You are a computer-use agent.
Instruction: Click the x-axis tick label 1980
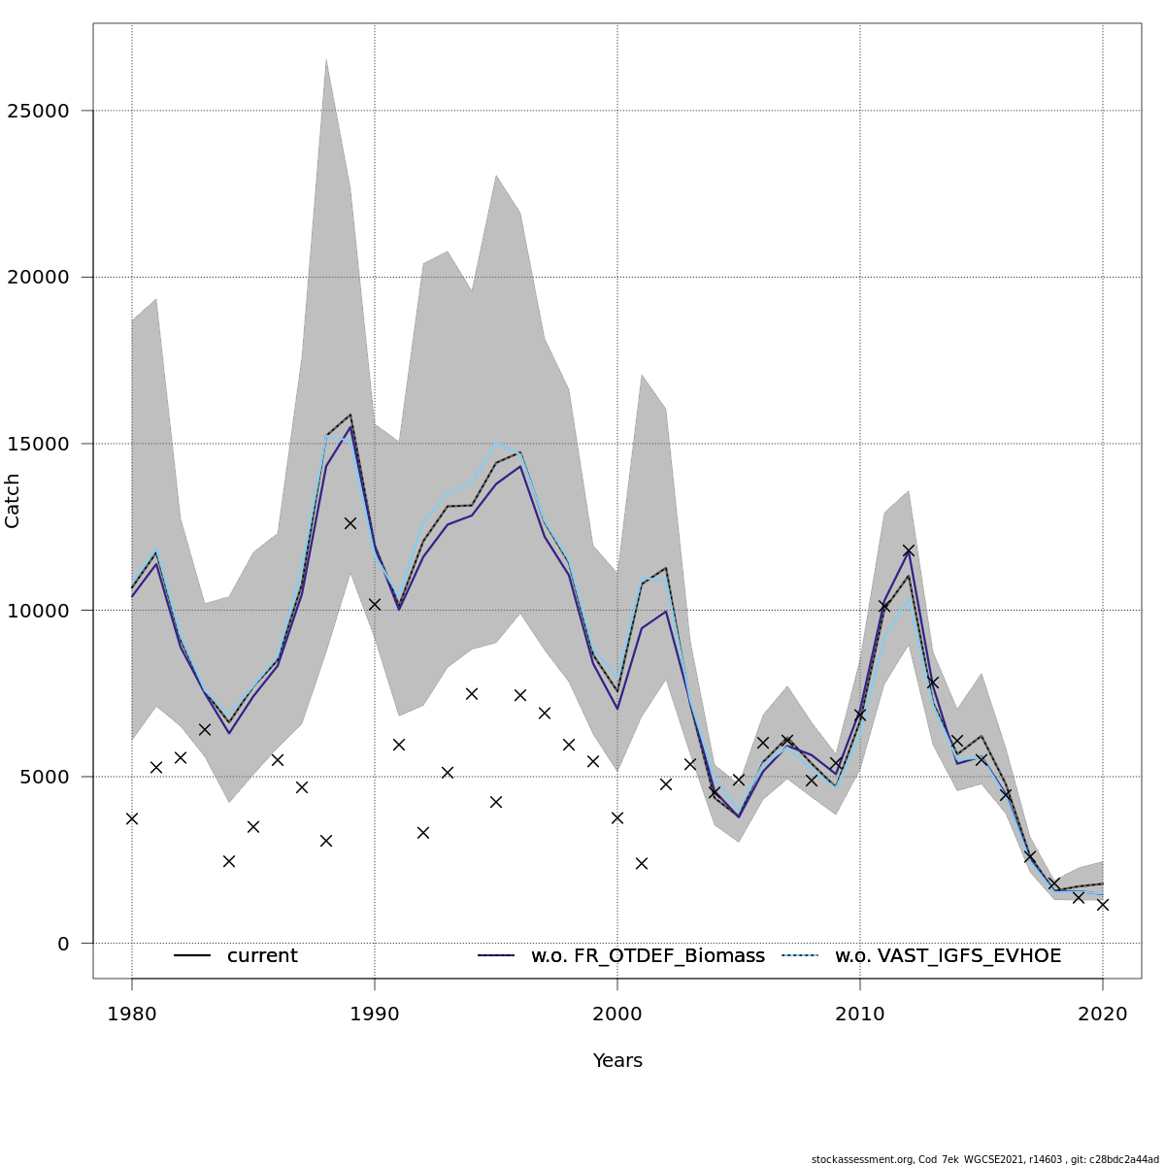click(132, 1015)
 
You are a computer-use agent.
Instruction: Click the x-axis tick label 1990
click(375, 1015)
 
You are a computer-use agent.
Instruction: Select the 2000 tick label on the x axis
click(617, 1015)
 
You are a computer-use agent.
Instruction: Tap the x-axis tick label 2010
click(860, 1015)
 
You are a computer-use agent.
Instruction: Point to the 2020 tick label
click(1103, 1015)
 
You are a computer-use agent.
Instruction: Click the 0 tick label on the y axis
click(63, 944)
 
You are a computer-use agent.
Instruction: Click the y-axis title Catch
click(13, 501)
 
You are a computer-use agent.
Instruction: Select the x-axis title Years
click(617, 1061)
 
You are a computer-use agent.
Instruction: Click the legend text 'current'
click(262, 956)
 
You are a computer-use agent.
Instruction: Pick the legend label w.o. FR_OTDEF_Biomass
click(648, 956)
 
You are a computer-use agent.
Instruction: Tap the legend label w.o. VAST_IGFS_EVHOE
click(948, 956)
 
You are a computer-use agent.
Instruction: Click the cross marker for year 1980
click(132, 818)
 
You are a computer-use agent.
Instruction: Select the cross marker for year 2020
click(1103, 904)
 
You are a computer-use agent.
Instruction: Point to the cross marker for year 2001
click(642, 863)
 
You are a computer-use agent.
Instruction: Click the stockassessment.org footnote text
click(984, 1159)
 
